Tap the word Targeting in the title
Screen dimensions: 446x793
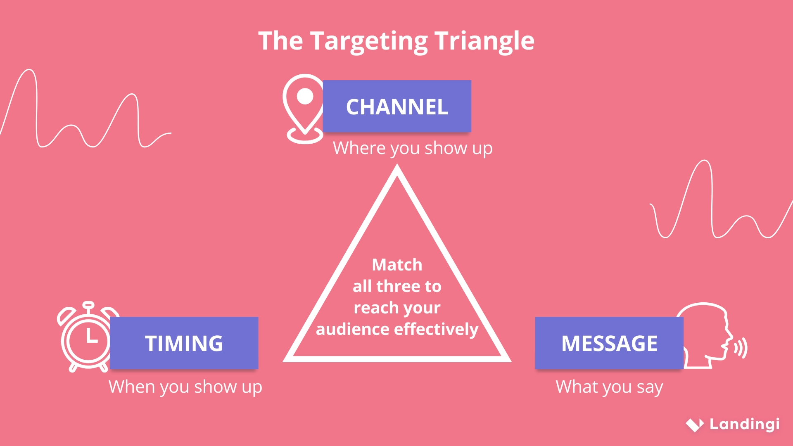pyautogui.click(x=369, y=41)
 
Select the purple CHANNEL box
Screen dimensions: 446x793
pyautogui.click(x=397, y=107)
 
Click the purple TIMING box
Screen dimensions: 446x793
pyautogui.click(x=184, y=343)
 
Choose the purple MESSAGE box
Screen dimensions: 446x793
pyautogui.click(x=609, y=343)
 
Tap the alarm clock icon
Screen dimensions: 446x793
pyautogui.click(x=85, y=339)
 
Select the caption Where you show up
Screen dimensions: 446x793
pyautogui.click(x=413, y=148)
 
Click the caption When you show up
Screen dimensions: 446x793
pyautogui.click(x=185, y=387)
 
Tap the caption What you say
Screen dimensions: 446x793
pyautogui.click(x=609, y=387)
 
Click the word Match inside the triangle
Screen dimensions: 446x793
pyautogui.click(x=397, y=265)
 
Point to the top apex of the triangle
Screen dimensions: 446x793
pyautogui.click(x=397, y=167)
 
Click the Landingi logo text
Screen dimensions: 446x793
pyautogui.click(x=744, y=424)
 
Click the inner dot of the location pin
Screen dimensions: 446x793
pyautogui.click(x=305, y=96)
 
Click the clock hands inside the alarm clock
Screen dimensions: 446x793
pyautogui.click(x=90, y=337)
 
